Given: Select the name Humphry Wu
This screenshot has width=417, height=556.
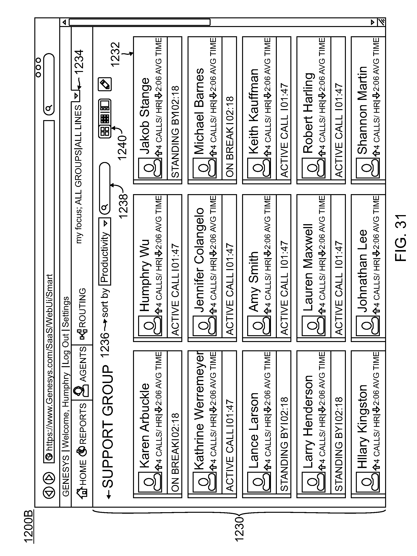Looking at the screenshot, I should [x=145, y=276].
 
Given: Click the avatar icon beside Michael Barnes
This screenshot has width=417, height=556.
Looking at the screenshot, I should [x=204, y=168].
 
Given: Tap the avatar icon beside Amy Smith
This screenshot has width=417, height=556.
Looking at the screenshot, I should [x=259, y=326].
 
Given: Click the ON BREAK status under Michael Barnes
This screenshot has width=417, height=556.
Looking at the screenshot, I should [x=229, y=137].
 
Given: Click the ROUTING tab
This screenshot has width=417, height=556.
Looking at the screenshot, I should [x=82, y=312].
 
